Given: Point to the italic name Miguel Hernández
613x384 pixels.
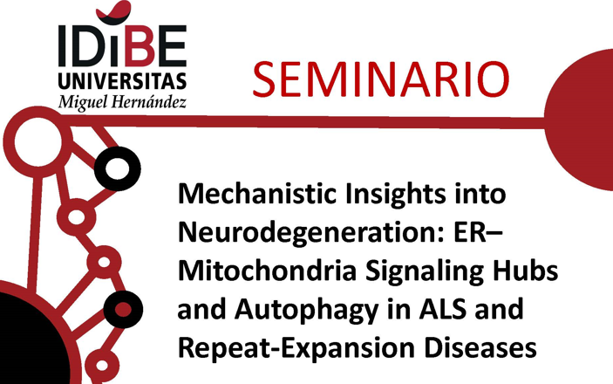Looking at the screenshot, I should [x=121, y=102].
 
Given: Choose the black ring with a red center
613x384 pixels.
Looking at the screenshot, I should [x=122, y=307].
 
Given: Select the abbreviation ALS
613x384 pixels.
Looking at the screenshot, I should [x=451, y=310].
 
